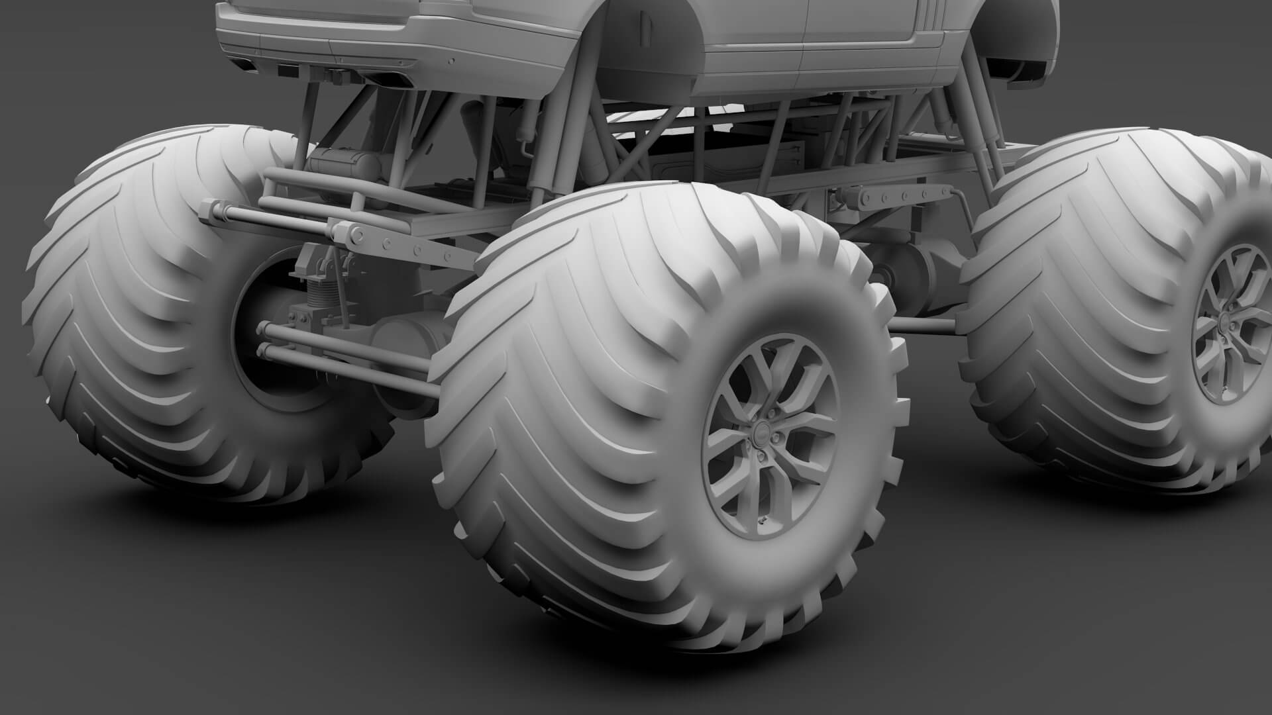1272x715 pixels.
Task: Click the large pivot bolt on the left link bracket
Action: [x=358, y=234]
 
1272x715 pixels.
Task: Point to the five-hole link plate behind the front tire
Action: [x=888, y=197]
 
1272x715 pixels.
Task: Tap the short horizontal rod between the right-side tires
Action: [x=924, y=325]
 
